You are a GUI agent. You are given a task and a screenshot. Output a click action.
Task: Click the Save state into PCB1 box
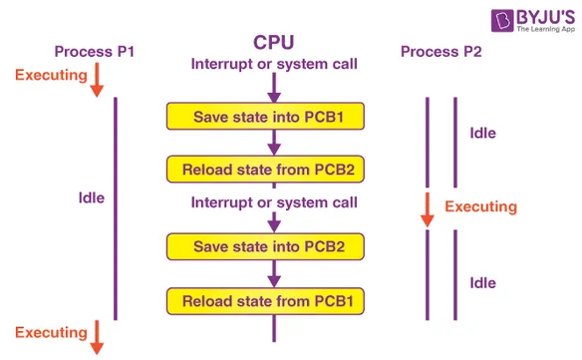point(264,117)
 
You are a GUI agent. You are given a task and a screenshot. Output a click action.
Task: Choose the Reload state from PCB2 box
point(264,169)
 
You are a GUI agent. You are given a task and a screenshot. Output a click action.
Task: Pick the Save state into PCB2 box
point(264,246)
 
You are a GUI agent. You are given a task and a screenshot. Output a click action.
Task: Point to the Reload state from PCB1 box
point(264,299)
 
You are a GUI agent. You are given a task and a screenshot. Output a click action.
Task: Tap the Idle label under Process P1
point(91,198)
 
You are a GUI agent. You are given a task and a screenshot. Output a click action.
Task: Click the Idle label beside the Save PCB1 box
point(482,133)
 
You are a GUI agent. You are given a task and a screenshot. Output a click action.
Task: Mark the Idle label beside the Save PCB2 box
point(482,283)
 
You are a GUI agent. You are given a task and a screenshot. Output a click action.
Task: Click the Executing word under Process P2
point(480,207)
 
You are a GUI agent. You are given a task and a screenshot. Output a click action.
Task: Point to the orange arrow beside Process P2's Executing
point(427,208)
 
